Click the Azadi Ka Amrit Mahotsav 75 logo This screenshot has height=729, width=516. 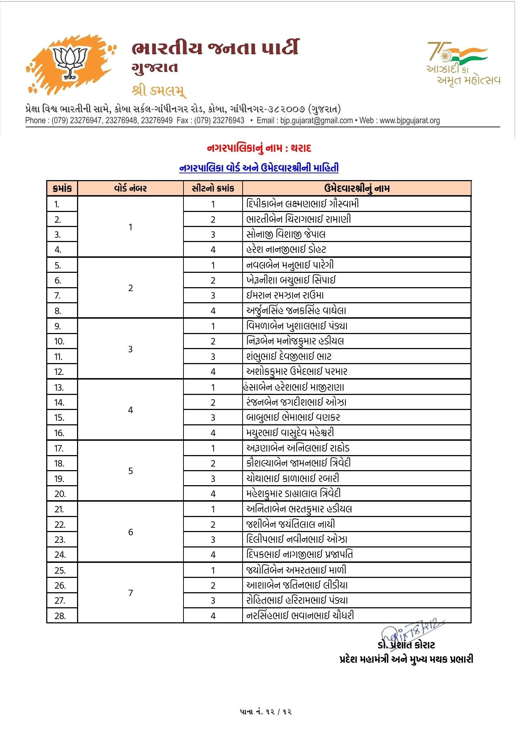coord(462,63)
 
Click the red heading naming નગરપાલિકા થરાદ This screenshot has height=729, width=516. coord(259,148)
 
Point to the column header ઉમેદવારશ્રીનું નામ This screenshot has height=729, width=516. coord(357,189)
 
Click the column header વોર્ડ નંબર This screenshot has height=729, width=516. coord(130,189)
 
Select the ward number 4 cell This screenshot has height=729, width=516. coord(130,410)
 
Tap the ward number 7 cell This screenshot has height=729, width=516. coord(130,593)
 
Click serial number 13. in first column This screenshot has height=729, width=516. coord(59,387)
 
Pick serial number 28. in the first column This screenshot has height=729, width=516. coord(60,616)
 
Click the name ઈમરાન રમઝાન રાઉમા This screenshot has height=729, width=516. coord(285,295)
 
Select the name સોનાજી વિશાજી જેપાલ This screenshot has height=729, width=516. coord(286,235)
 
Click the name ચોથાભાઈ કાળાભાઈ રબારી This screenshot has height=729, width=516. coord(292,478)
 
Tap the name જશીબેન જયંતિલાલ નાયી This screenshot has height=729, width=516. coord(291,524)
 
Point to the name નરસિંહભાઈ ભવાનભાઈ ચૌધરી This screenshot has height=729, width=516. coord(300,615)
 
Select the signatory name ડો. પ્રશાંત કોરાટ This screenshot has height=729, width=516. coord(406,645)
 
